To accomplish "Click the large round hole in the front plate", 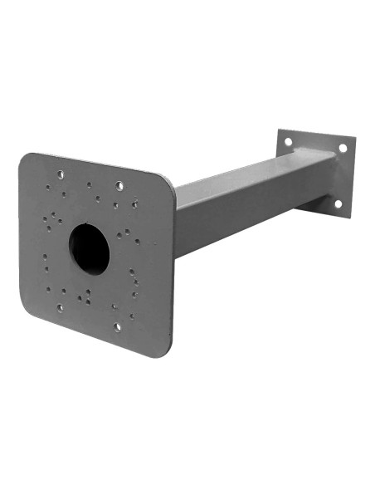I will [89, 248].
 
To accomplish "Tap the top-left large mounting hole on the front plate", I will [60, 174].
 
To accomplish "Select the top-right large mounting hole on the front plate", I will [119, 184].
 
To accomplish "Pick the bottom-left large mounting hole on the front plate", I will [60, 307].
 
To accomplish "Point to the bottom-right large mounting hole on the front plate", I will [117, 326].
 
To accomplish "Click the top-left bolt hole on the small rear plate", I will [288, 142].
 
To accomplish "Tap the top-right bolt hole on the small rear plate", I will [342, 148].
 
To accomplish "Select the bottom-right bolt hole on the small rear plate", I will [338, 203].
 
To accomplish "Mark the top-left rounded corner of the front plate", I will [25, 158].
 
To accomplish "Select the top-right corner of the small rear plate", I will [353, 140].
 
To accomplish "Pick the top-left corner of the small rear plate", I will [280, 131].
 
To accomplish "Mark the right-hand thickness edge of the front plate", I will [173, 274].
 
